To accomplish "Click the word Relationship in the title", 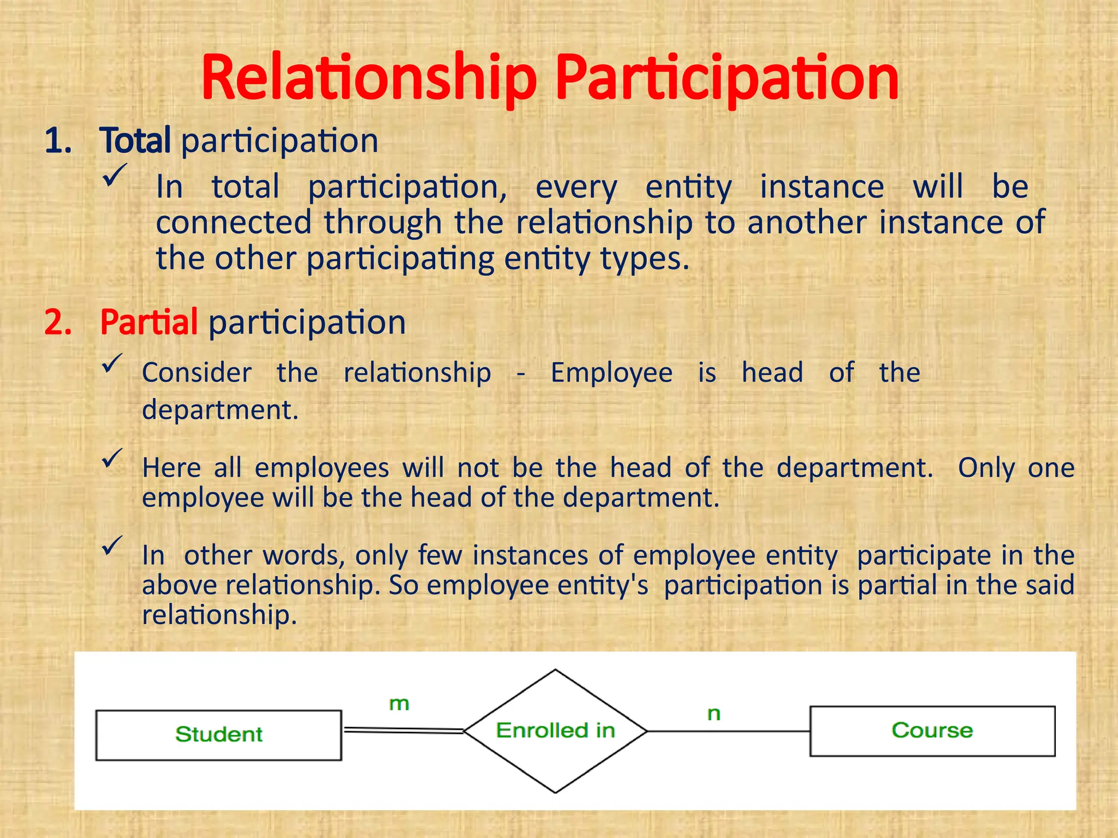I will [x=369, y=78].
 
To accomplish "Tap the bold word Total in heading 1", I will [x=135, y=141].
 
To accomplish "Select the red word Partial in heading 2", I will [x=148, y=322].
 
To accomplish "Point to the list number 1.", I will [x=58, y=141].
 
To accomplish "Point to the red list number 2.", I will [x=58, y=322].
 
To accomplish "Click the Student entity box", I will [x=218, y=735].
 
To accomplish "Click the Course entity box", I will [x=932, y=731].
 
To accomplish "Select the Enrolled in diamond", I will [x=555, y=731].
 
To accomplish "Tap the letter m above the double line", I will [x=399, y=704].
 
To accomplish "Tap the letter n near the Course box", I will [x=713, y=714].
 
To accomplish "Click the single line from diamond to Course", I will [x=728, y=731].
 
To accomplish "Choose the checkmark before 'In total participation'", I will [x=115, y=176].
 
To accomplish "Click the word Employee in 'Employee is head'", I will [x=611, y=373].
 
